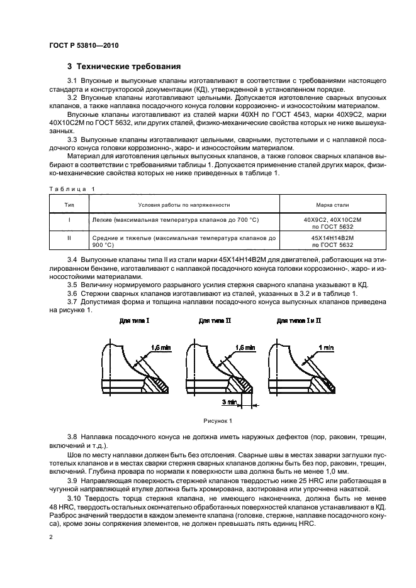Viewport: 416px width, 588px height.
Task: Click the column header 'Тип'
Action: [69, 204]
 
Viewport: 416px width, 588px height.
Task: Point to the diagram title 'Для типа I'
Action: [134, 320]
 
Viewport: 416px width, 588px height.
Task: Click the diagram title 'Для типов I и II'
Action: [298, 320]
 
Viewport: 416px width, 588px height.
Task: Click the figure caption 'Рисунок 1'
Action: [217, 420]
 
